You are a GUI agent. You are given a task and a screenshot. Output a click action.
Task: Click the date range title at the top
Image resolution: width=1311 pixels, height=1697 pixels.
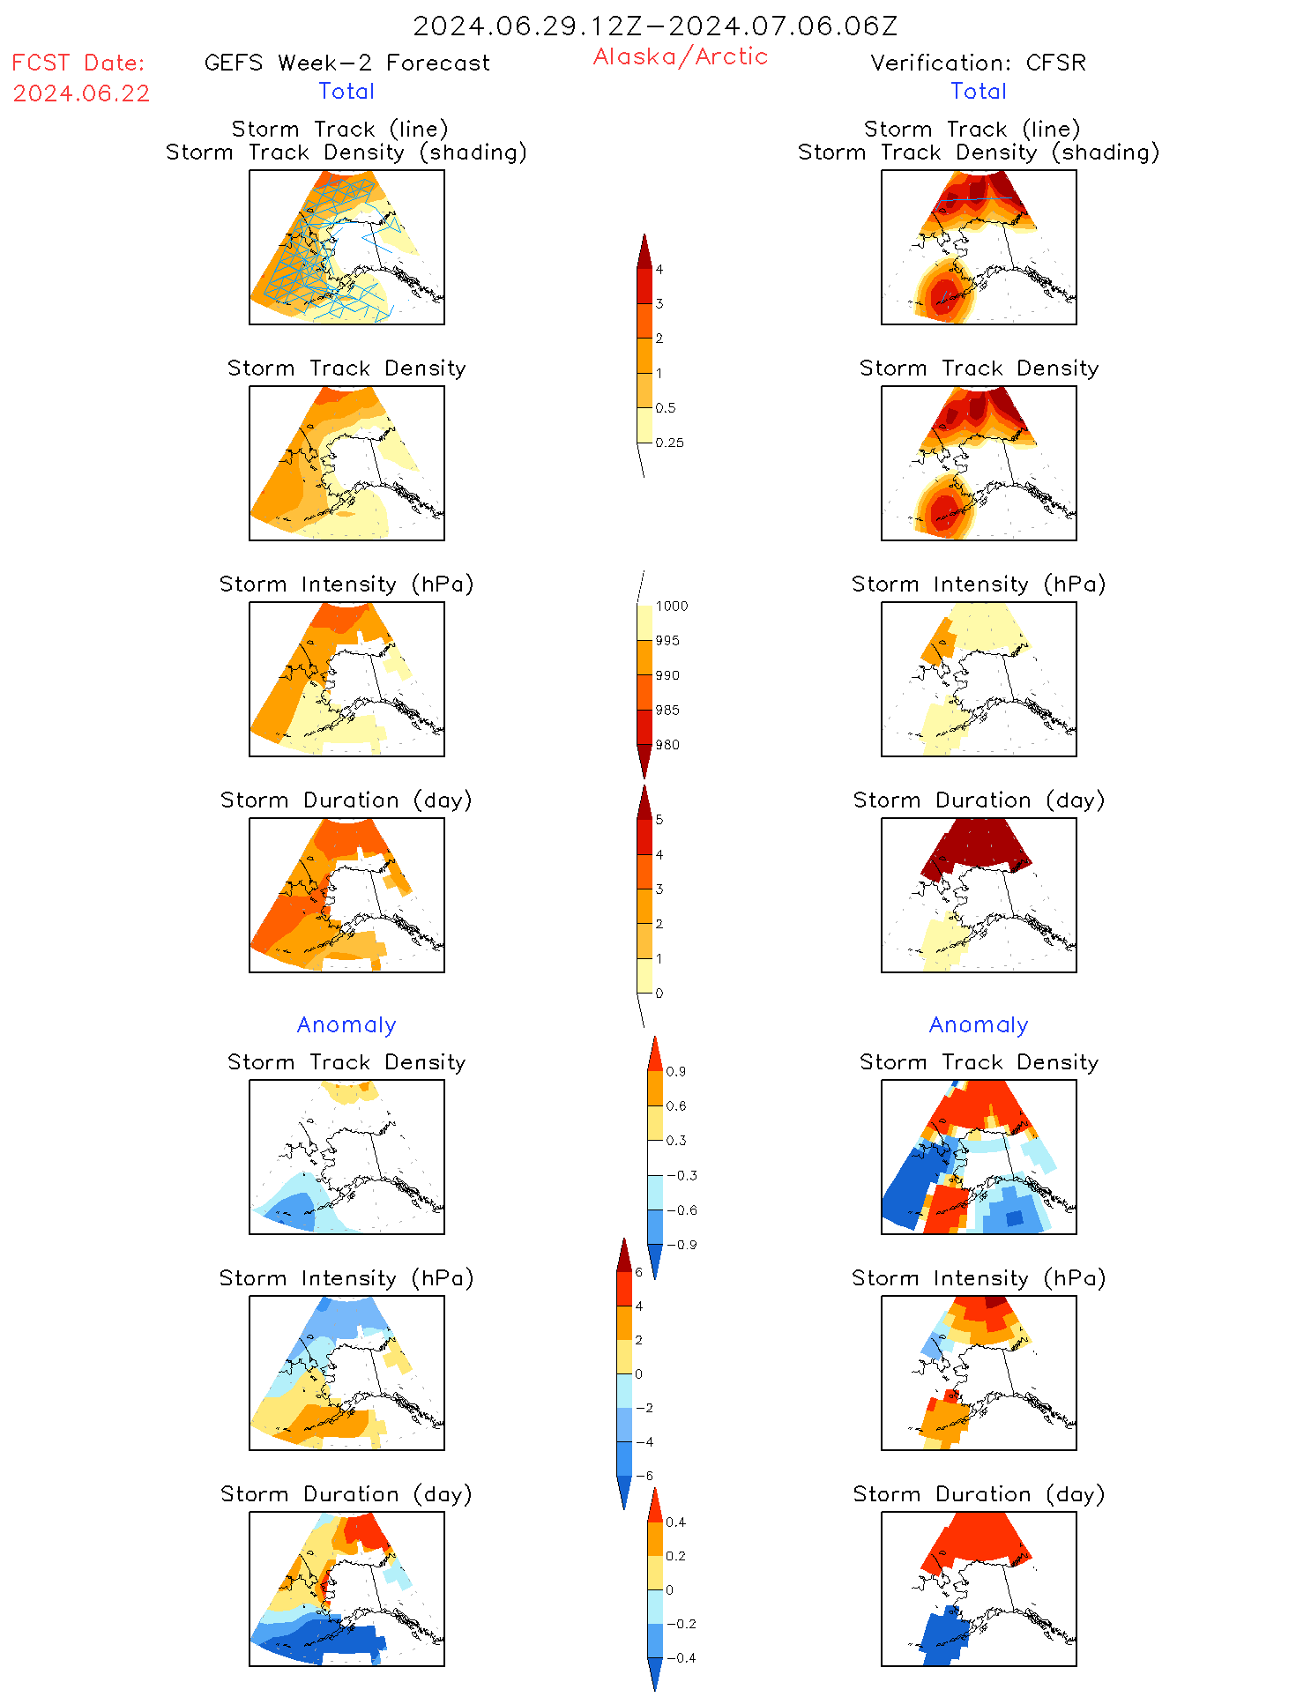pos(655,26)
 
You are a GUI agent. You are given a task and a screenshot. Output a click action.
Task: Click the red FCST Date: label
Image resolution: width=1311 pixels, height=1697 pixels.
pos(78,63)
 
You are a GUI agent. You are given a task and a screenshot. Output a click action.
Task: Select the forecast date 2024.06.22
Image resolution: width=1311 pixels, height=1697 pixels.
pos(81,93)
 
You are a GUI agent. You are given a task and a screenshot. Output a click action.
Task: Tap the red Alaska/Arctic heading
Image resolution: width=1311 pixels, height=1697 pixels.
pos(680,56)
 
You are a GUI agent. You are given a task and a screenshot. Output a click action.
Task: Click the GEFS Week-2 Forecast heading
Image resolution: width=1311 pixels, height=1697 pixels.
pos(346,63)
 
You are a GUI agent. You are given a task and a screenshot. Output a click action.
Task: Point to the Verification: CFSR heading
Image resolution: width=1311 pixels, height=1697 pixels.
pos(978,63)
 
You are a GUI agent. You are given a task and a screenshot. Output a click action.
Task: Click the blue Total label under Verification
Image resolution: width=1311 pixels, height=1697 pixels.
pos(978,92)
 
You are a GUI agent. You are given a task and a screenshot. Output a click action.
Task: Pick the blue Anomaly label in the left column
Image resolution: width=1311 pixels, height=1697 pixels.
pos(346,1025)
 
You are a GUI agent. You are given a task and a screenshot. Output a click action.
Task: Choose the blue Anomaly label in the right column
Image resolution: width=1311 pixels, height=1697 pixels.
pos(979,1025)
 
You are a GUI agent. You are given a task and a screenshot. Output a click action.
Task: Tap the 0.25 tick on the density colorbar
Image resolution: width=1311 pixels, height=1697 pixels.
pos(669,443)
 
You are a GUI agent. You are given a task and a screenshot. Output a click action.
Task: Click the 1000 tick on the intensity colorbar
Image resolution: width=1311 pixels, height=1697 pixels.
pos(671,607)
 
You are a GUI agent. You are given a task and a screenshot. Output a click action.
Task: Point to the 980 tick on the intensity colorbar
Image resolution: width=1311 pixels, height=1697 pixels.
pos(667,745)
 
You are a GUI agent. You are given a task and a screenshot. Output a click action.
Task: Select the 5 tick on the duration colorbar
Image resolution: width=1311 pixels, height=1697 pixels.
pos(659,820)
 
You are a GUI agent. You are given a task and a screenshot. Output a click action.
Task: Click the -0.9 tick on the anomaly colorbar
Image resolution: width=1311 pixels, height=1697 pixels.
pos(681,1245)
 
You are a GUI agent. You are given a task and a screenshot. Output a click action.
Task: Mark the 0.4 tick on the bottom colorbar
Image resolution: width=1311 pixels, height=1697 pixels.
pos(675,1522)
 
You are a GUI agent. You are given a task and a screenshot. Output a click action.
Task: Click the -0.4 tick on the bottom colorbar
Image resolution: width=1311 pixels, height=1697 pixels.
pos(680,1658)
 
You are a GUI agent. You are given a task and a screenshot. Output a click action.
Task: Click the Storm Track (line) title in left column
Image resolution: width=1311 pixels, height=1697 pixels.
pos(339,130)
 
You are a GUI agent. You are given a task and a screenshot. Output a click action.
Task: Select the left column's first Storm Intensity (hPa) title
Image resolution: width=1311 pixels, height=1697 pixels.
pos(346,584)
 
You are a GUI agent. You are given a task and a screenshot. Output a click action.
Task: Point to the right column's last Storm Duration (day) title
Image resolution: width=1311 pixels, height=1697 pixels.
pos(979,1494)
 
